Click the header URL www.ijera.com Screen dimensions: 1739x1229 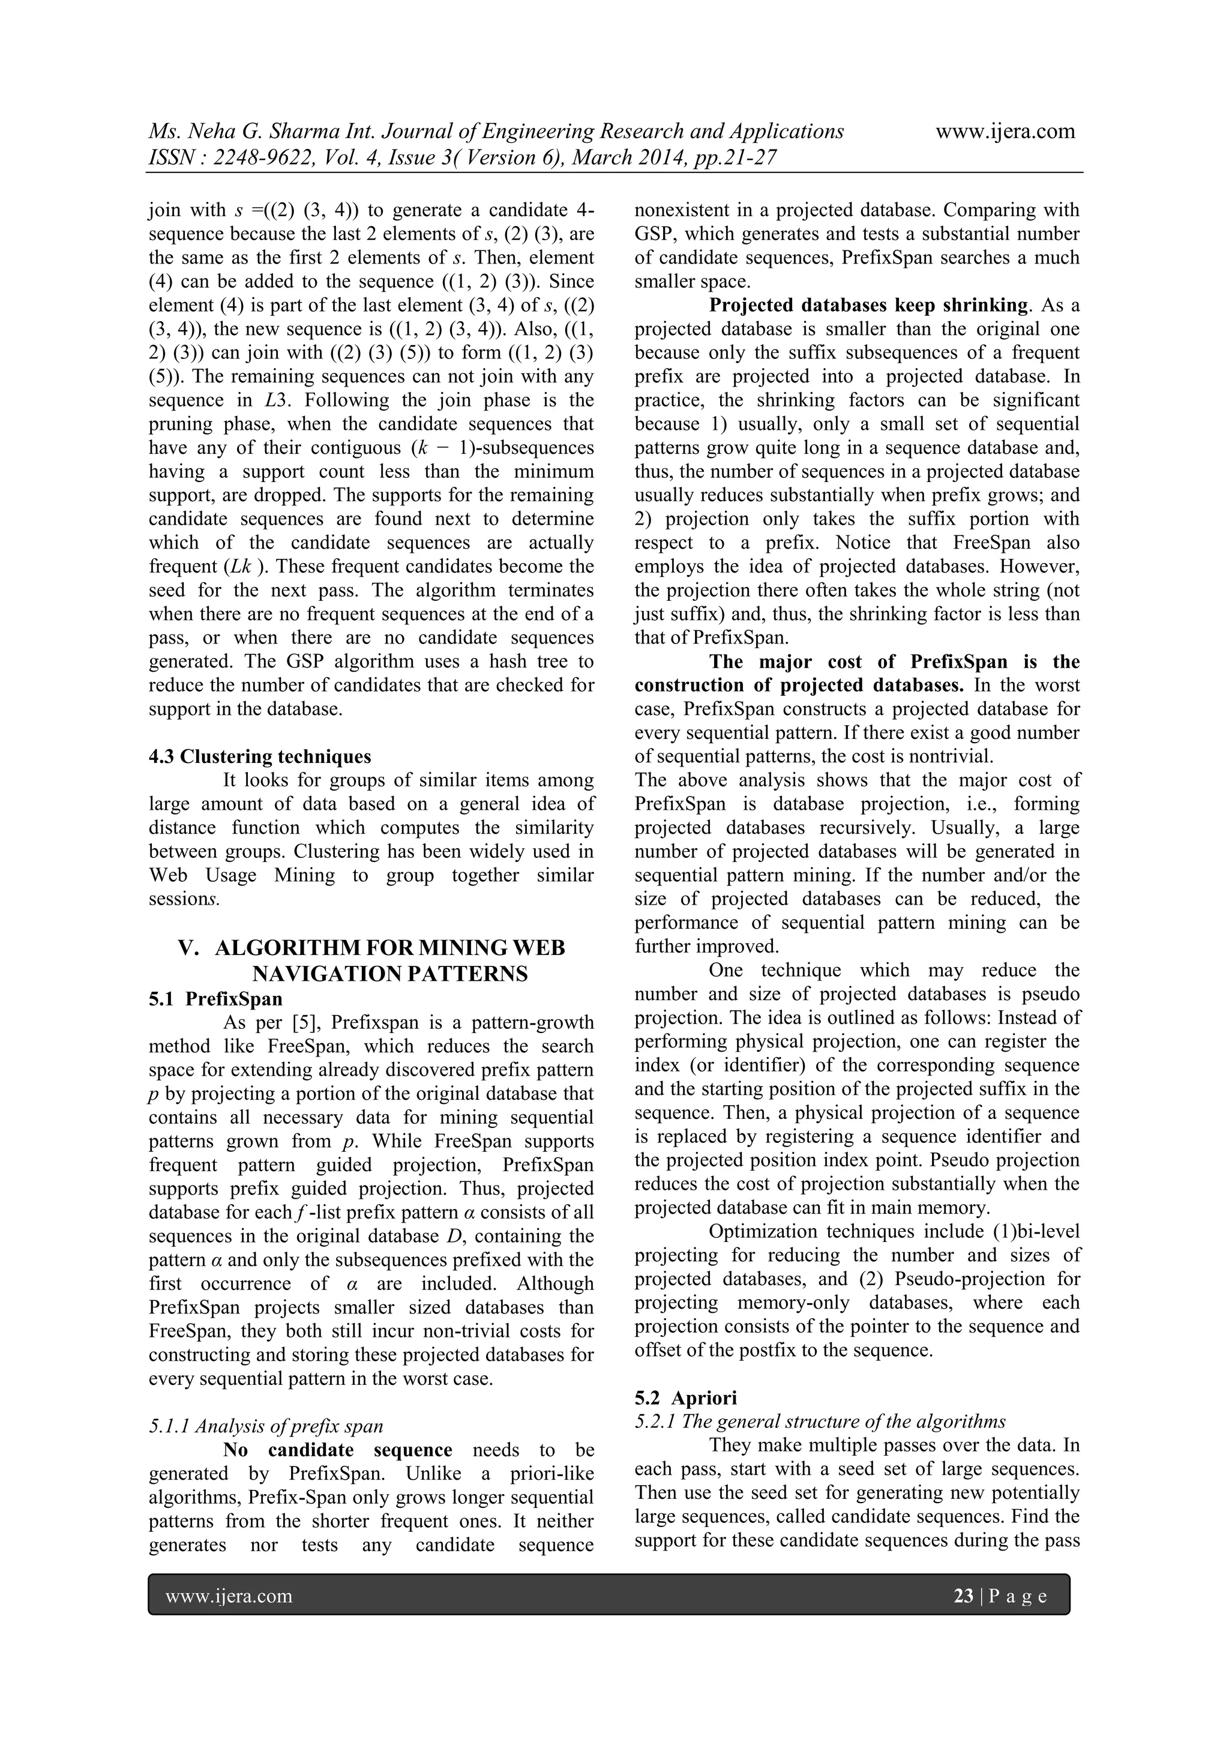pyautogui.click(x=1005, y=131)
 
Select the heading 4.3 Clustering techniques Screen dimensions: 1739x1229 pyautogui.click(x=260, y=756)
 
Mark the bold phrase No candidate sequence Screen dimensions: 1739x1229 pyautogui.click(x=338, y=1450)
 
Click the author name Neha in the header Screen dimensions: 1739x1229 pyautogui.click(x=214, y=131)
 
